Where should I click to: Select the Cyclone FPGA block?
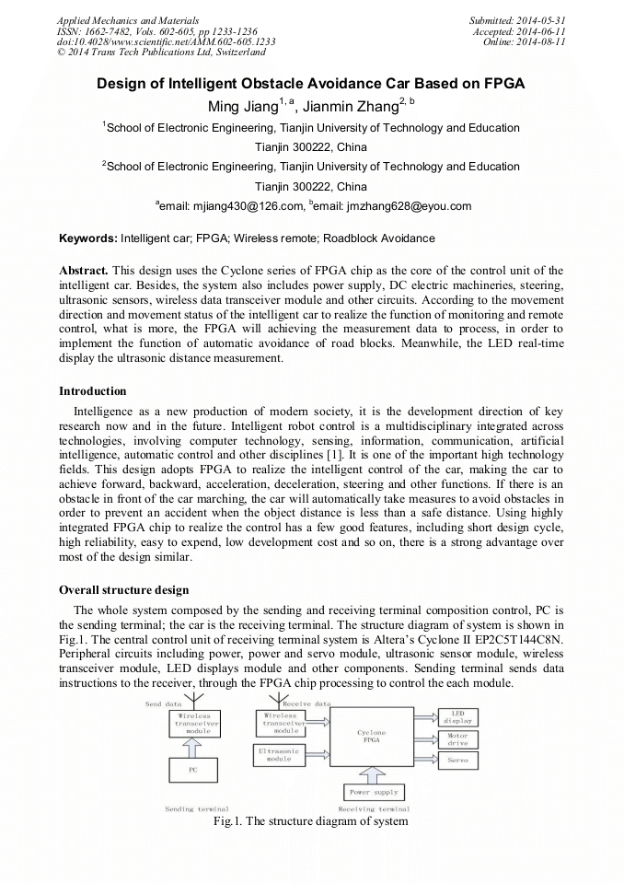point(371,736)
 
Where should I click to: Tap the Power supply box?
point(373,792)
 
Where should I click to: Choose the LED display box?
point(457,717)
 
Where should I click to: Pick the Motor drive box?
point(457,738)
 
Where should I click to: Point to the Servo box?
point(457,761)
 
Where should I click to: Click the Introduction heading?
point(93,391)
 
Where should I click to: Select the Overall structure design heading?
point(123,589)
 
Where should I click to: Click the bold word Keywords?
point(87,238)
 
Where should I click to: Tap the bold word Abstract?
point(84,270)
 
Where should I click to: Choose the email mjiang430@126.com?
point(241,206)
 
